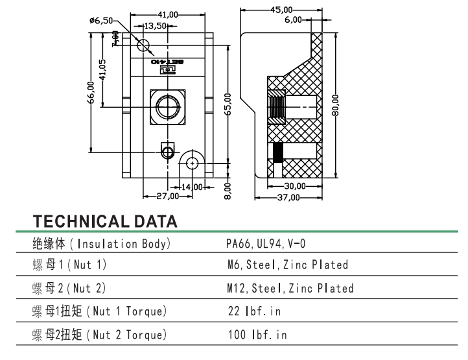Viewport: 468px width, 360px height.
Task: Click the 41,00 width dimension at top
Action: [x=169, y=14]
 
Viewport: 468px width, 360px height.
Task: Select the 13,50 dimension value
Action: [x=156, y=26]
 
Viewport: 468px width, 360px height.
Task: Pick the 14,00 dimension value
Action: [x=193, y=187]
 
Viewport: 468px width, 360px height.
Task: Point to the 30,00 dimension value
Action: [x=294, y=186]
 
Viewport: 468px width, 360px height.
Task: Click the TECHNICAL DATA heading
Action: [x=105, y=221]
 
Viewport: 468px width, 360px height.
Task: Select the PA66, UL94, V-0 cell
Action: [x=266, y=244]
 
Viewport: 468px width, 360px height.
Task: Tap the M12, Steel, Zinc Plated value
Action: [x=290, y=288]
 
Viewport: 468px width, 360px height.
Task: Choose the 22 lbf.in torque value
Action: [x=254, y=311]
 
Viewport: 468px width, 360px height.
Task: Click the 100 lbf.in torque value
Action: [x=257, y=335]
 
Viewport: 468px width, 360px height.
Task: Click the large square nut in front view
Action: [x=169, y=106]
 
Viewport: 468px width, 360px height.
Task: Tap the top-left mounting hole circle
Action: [x=144, y=45]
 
